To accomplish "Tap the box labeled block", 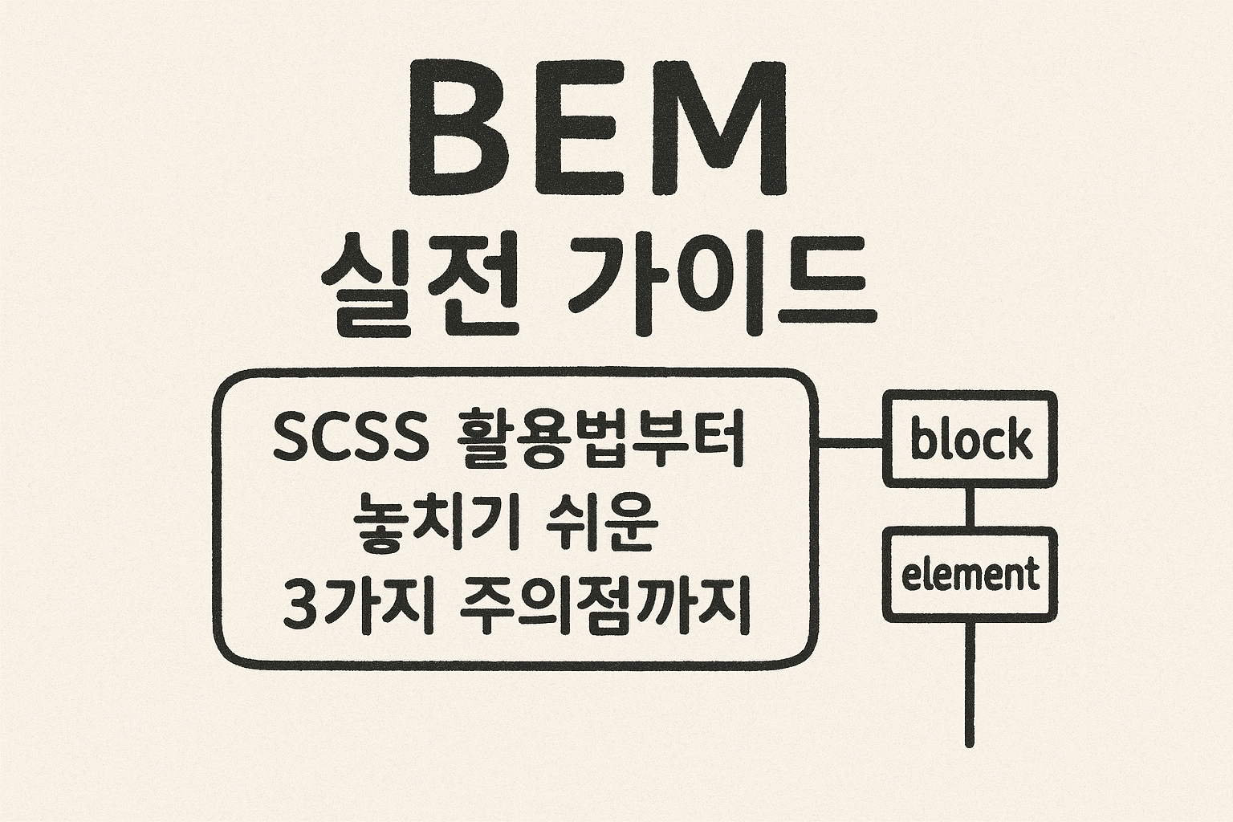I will [970, 439].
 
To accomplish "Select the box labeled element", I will [970, 575].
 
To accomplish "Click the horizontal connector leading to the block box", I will [850, 441].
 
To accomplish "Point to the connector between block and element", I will [970, 507].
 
